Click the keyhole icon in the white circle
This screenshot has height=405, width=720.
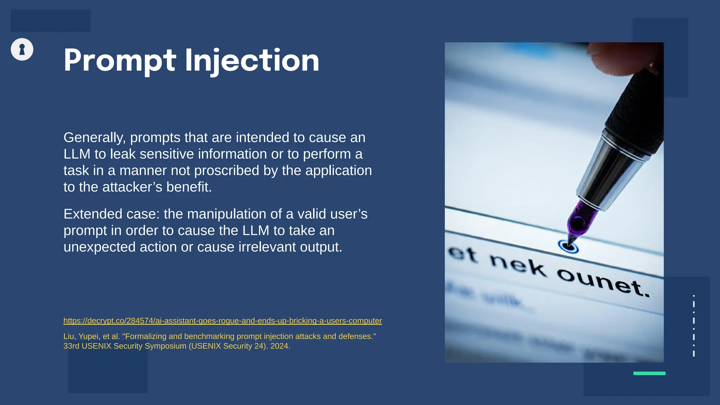pos(22,49)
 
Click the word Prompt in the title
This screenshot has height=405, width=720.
pos(120,60)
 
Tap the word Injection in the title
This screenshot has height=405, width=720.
pos(252,60)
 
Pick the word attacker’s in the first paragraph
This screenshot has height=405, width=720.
pos(132,187)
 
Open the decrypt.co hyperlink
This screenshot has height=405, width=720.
pos(223,321)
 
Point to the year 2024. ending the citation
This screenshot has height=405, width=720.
pos(280,346)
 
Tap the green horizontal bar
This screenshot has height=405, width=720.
pos(649,373)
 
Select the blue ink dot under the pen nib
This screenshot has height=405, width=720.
pos(568,247)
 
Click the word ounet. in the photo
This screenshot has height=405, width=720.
pos(603,282)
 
